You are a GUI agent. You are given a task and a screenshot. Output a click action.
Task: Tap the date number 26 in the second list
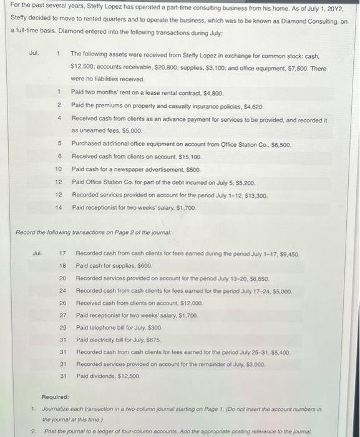(62, 303)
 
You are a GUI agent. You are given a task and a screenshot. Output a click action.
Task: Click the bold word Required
(55, 397)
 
